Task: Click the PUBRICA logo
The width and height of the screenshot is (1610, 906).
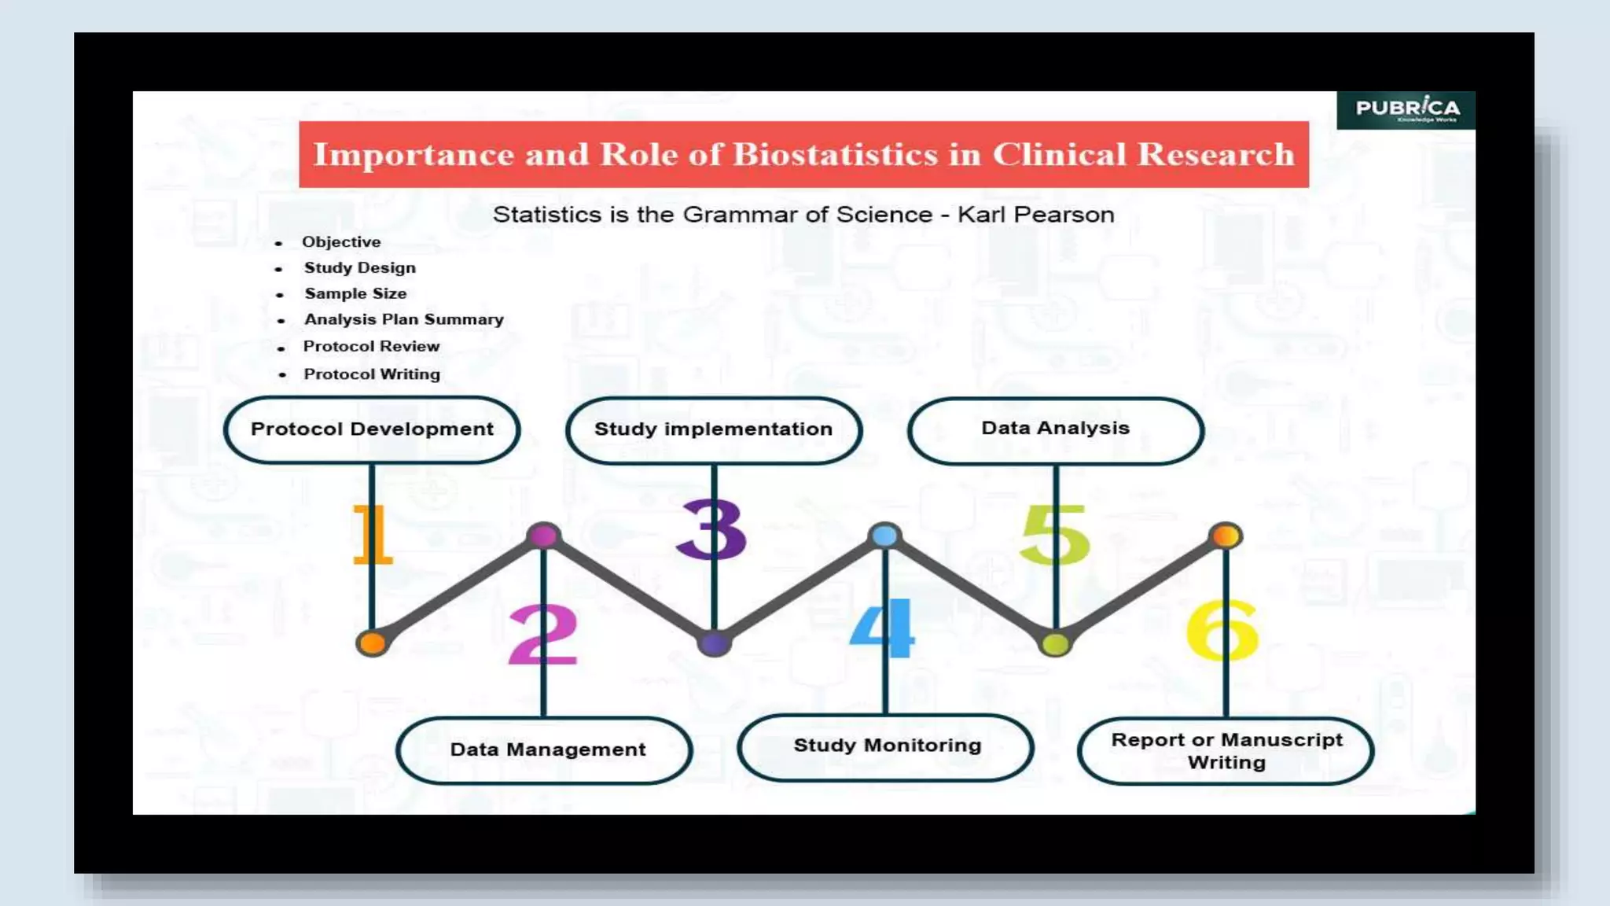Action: pyautogui.click(x=1406, y=109)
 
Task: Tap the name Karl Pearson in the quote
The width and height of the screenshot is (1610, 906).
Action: pyautogui.click(x=1035, y=215)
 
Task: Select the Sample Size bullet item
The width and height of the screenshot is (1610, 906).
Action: pyautogui.click(x=355, y=293)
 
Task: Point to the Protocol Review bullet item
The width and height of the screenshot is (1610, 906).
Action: pyautogui.click(x=371, y=346)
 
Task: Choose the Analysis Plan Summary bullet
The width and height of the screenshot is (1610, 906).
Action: pyautogui.click(x=403, y=319)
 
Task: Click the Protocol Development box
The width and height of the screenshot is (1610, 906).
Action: pyautogui.click(x=372, y=429)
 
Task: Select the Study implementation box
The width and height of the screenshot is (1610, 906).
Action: pyautogui.click(x=713, y=429)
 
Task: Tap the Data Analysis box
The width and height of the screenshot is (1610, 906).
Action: pyautogui.click(x=1055, y=429)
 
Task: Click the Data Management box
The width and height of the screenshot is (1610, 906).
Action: pyautogui.click(x=547, y=749)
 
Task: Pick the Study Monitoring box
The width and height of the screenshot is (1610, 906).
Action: pyautogui.click(x=887, y=746)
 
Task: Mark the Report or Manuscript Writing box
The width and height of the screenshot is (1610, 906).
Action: pyautogui.click(x=1226, y=751)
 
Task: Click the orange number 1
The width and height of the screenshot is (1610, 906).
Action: pyautogui.click(x=371, y=535)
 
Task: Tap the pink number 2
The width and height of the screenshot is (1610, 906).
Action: pyautogui.click(x=542, y=635)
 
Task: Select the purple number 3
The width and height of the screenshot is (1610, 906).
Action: pyautogui.click(x=711, y=530)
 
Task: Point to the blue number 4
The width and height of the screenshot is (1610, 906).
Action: pyautogui.click(x=883, y=629)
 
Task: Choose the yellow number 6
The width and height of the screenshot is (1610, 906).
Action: pyautogui.click(x=1222, y=631)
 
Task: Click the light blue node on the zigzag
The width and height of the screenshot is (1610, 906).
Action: pyautogui.click(x=885, y=536)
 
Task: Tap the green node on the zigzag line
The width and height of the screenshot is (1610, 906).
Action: pyautogui.click(x=1055, y=644)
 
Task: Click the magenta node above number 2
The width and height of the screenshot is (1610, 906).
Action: pyautogui.click(x=543, y=536)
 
